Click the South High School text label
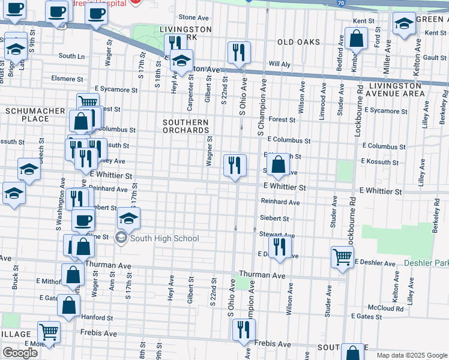pos(164,239)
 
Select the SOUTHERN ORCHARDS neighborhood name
pos(185,126)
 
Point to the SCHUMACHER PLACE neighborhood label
pos(27,115)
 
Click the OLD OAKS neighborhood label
pos(298,42)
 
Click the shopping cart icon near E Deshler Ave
pos(342,256)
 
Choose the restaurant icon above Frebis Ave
pos(244,329)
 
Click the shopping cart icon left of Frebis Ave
pos(49,332)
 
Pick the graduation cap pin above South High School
pos(128,218)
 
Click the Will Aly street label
pos(279,64)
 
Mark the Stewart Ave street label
pos(277,235)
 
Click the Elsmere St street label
pos(67,79)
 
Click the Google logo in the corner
pos(20,353)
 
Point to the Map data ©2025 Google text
pos(411,355)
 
